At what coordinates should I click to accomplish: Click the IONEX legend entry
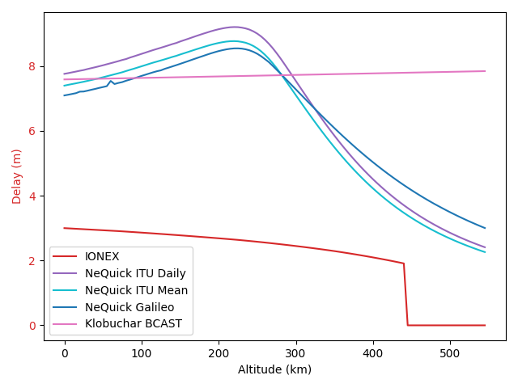point(102,257)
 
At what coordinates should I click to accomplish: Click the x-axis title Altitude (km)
point(274,369)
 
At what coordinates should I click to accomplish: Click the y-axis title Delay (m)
point(17,175)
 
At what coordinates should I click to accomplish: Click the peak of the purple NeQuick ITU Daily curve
point(235,27)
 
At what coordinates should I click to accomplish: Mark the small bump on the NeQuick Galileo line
point(111,81)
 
